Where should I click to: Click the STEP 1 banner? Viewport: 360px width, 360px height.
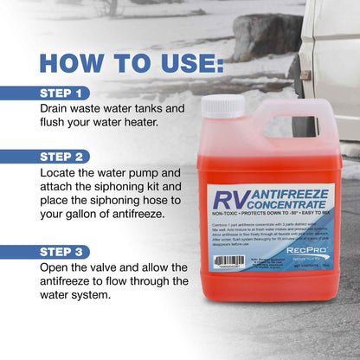click(65, 93)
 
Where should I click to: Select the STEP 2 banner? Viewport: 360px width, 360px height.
click(65, 157)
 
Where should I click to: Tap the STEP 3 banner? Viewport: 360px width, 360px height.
click(65, 251)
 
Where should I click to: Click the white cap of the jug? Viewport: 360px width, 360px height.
click(222, 106)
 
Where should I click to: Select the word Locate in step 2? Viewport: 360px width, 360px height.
click(61, 177)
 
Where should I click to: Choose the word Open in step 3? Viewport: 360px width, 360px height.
click(57, 270)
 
